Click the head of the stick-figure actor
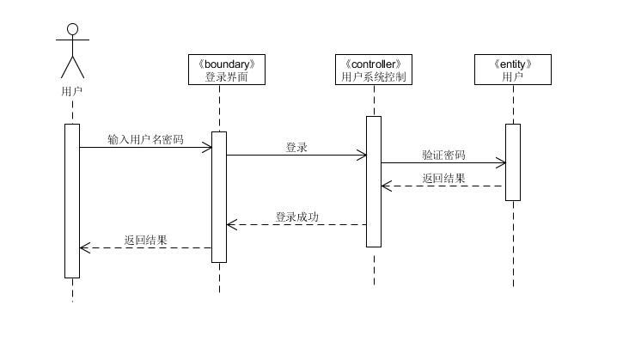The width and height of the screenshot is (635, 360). pyautogui.click(x=72, y=30)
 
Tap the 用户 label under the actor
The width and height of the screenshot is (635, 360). pyautogui.click(x=72, y=89)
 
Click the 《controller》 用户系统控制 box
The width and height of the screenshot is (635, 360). pyautogui.click(x=374, y=70)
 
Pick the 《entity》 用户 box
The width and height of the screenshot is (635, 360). pyautogui.click(x=512, y=70)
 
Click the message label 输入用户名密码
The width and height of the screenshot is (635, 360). pyautogui.click(x=145, y=138)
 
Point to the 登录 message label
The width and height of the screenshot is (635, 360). pyautogui.click(x=296, y=147)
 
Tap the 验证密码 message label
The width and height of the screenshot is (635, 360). pyautogui.click(x=443, y=155)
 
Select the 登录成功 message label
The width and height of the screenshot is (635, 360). pyautogui.click(x=296, y=217)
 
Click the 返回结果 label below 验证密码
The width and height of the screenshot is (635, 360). pyautogui.click(x=443, y=178)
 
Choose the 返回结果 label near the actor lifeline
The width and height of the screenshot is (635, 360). pyautogui.click(x=145, y=240)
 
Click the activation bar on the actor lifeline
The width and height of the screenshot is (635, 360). pyautogui.click(x=72, y=200)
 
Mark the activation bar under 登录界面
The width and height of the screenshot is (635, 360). pyautogui.click(x=219, y=196)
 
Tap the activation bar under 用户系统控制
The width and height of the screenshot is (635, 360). pyautogui.click(x=374, y=180)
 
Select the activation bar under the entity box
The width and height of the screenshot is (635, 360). pyautogui.click(x=513, y=162)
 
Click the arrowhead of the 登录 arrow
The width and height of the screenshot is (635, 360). pyautogui.click(x=363, y=156)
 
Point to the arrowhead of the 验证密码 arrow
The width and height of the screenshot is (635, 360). pyautogui.click(x=502, y=163)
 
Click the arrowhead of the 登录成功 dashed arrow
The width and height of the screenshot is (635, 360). pyautogui.click(x=230, y=225)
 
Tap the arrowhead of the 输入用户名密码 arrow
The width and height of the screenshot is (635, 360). pyautogui.click(x=208, y=148)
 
